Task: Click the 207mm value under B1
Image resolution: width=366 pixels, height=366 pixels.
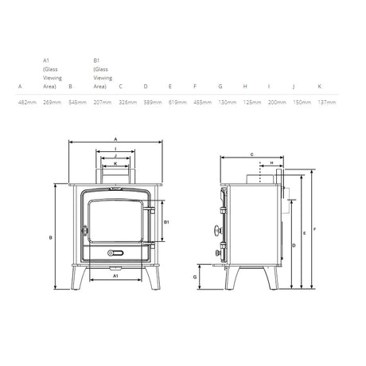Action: [x=101, y=103]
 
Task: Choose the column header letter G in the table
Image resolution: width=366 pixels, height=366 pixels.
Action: [x=220, y=85]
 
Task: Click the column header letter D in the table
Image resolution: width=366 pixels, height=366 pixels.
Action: [x=146, y=85]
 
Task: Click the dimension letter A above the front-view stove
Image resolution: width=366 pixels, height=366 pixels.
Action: [x=116, y=138]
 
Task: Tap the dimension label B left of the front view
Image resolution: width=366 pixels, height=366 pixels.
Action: [x=50, y=236]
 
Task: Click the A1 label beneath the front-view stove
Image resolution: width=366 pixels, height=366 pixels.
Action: [x=115, y=276]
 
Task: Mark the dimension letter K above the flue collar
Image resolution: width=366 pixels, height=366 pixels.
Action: [x=116, y=163]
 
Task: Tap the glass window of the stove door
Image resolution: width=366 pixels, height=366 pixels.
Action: [x=115, y=220]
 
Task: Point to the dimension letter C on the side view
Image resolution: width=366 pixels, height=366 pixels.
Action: [x=251, y=154]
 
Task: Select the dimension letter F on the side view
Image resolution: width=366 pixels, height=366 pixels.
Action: [x=316, y=229]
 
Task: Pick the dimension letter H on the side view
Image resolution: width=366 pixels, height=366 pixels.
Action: [x=271, y=162]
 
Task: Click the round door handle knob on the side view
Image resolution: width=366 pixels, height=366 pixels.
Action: [x=215, y=231]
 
